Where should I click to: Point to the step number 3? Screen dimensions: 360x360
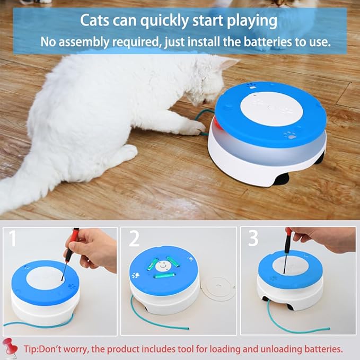pyautogui.click(x=253, y=239)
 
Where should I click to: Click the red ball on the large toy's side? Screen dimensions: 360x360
pyautogui.click(x=218, y=125)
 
